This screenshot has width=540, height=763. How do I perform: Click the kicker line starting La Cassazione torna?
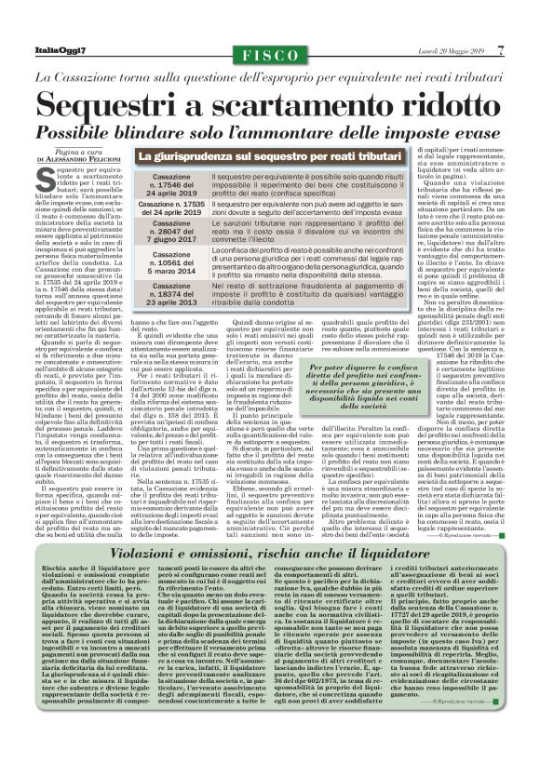click(x=269, y=74)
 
